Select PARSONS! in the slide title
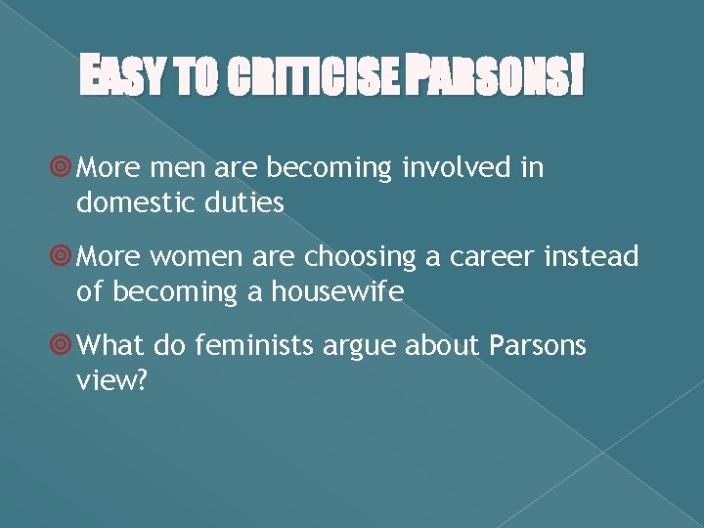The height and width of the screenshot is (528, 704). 498,78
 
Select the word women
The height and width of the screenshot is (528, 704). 199,257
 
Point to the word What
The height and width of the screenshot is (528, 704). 110,345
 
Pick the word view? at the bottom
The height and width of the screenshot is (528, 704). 111,379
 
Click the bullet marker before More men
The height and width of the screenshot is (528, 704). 63,169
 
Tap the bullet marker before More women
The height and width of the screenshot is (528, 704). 63,258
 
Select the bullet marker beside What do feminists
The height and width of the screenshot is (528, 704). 63,346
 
